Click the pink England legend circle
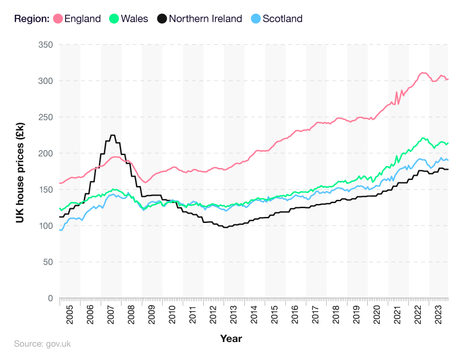(58, 19)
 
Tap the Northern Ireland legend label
(205, 19)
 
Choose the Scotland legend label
(282, 19)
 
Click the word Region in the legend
(31, 19)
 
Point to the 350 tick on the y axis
(45, 45)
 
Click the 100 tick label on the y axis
(45, 226)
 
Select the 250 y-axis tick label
(45, 117)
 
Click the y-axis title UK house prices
(20, 171)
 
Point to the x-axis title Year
(231, 339)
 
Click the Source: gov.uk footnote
(42, 344)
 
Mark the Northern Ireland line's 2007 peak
(112, 135)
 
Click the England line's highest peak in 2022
(422, 73)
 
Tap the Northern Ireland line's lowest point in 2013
(225, 227)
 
